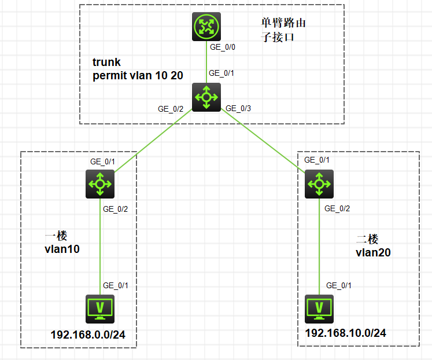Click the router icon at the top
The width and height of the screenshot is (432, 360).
(x=206, y=27)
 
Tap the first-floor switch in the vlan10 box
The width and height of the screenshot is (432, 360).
(x=99, y=185)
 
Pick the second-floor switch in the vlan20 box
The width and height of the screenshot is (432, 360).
(x=317, y=184)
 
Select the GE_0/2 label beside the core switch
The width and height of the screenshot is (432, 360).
(x=171, y=108)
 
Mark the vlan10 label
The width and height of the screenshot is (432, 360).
(x=62, y=249)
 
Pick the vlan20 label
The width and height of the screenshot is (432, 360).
(x=373, y=252)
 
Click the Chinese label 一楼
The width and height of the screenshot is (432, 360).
(x=56, y=236)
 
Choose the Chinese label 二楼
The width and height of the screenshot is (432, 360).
(x=367, y=238)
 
